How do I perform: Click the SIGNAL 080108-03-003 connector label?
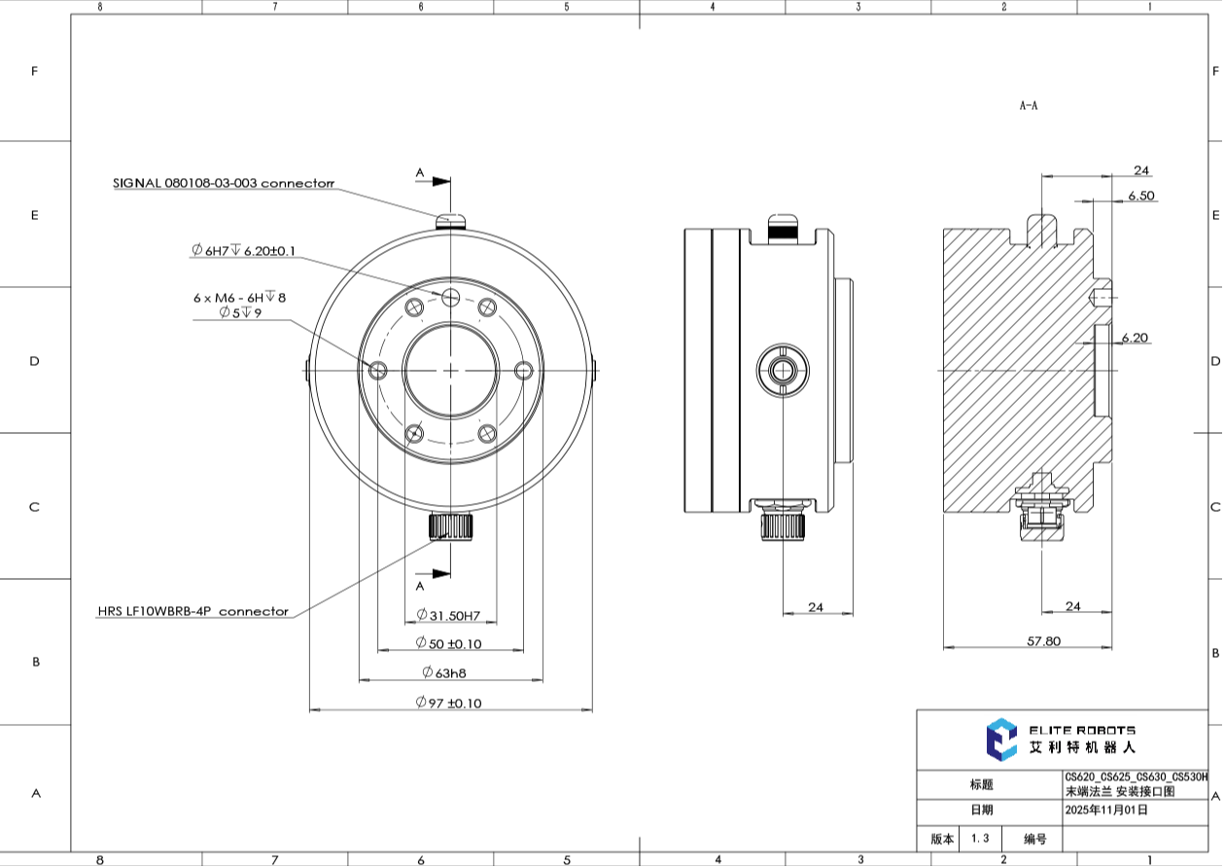[x=223, y=183]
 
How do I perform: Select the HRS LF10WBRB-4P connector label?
[x=192, y=612]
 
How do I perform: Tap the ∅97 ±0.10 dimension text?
[x=448, y=703]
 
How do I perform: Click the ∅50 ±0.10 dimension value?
[x=448, y=644]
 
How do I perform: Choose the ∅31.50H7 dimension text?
[x=449, y=615]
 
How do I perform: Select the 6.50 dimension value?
[x=1140, y=196]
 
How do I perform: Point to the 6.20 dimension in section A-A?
[x=1135, y=338]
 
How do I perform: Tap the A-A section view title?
[x=1028, y=105]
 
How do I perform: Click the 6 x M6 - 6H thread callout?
[x=239, y=299]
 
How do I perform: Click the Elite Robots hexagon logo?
[x=1000, y=740]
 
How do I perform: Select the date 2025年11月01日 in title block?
[x=1106, y=810]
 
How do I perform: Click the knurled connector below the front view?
[x=449, y=526]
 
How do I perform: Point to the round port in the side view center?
[x=784, y=370]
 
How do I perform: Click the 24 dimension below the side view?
[x=815, y=607]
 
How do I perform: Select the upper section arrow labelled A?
[x=440, y=181]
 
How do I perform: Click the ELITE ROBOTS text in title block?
[x=1081, y=730]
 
